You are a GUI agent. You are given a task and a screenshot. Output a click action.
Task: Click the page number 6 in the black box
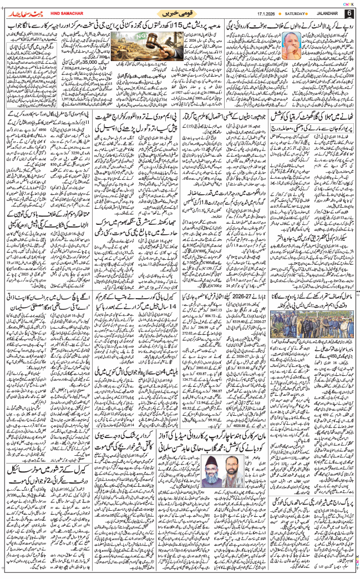349,13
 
